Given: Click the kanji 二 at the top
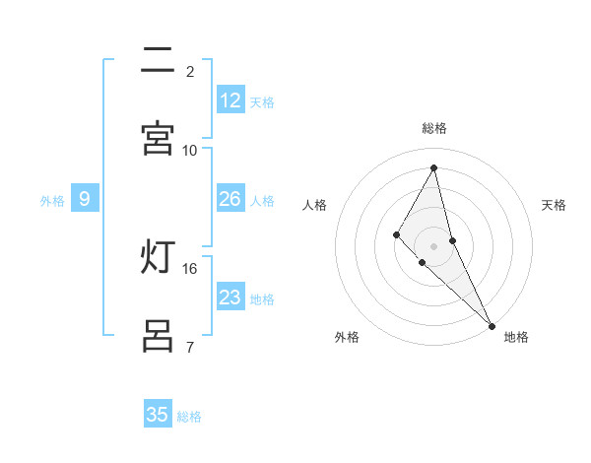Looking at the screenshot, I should coord(158,60).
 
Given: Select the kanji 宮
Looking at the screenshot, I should coord(158,137).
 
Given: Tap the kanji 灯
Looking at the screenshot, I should coord(158,257).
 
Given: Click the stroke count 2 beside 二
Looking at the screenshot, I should coord(190,71).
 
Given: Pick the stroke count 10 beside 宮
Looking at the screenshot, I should coord(190,150).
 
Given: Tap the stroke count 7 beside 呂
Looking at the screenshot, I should coord(190,347).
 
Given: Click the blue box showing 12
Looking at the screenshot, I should coord(230,100).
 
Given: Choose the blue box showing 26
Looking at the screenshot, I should coord(230,199).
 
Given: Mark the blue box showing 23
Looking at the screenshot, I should coord(230,298).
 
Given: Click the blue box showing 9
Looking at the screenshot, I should coord(85,199).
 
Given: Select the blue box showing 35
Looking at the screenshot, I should coord(158,415).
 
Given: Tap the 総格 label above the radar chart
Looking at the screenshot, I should coord(434,128).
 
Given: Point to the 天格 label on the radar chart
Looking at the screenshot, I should coord(554,205).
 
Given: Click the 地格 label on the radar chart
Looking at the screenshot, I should coord(516,337).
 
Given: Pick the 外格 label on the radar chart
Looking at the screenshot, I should coord(347,337).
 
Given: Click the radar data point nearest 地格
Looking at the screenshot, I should coord(492,325).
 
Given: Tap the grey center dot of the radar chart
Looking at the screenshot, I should coord(433,245).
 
